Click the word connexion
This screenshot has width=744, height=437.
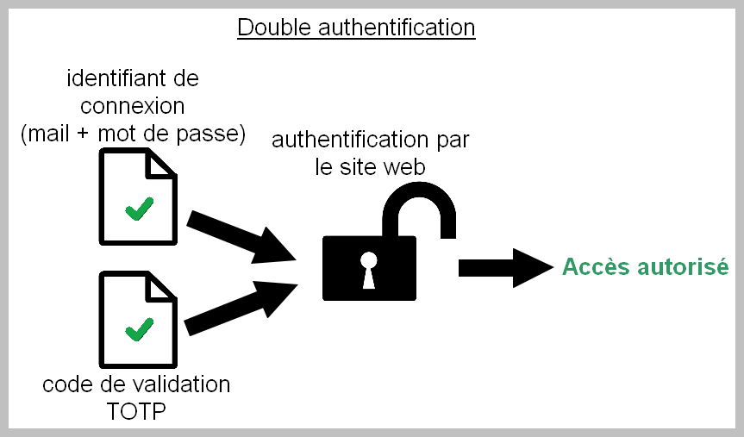pyautogui.click(x=132, y=106)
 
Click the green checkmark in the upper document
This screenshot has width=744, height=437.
pyautogui.click(x=139, y=209)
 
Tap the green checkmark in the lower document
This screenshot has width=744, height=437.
pyautogui.click(x=139, y=328)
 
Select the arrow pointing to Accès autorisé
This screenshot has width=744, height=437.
pyautogui.click(x=503, y=267)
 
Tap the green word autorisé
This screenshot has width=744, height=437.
pyautogui.click(x=684, y=267)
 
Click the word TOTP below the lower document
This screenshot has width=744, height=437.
pyautogui.click(x=136, y=410)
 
